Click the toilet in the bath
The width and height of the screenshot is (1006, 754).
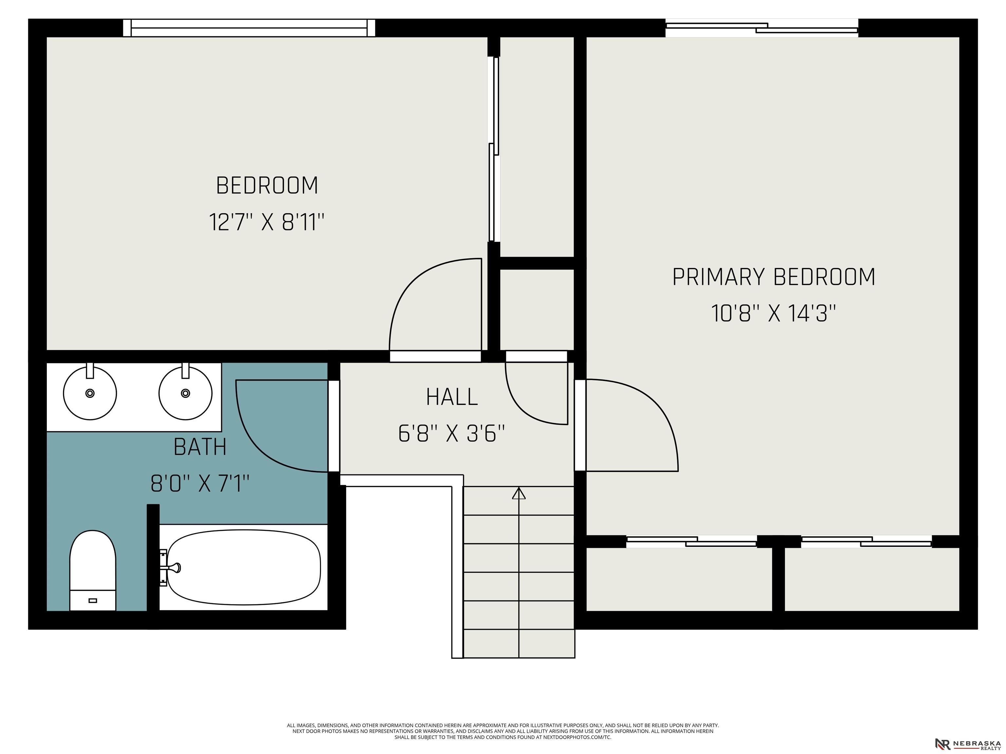(x=93, y=570)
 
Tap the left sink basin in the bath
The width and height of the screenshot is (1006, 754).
(x=90, y=393)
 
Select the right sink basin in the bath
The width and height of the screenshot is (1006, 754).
(x=186, y=393)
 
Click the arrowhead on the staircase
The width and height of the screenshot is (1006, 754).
(x=519, y=493)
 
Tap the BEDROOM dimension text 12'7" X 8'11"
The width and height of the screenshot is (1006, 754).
(x=267, y=222)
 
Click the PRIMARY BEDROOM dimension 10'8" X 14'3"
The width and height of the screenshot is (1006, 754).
(x=773, y=313)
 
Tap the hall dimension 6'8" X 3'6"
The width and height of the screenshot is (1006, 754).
(x=452, y=433)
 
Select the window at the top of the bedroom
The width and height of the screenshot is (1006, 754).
(x=249, y=28)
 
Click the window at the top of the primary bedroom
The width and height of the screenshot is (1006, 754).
(x=762, y=28)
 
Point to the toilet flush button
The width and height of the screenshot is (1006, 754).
(x=93, y=601)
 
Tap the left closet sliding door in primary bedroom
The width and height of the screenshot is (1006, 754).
(x=692, y=541)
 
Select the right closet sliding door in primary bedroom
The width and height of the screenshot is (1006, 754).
(x=866, y=541)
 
